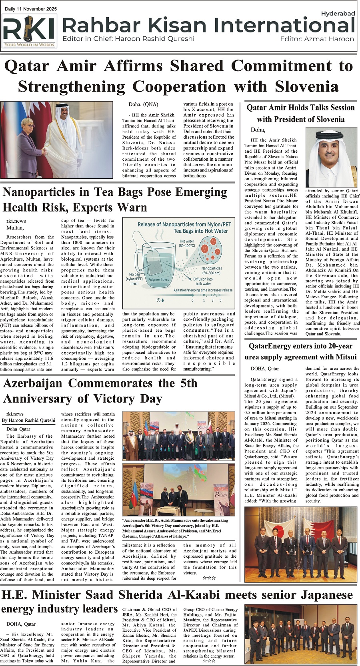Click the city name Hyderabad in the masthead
pos(338,14)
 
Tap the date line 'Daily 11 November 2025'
pos(31,9)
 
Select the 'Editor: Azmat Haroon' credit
pos(317,39)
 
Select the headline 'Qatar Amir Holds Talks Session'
pos(300,108)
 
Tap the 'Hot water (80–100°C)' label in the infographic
pos(187,243)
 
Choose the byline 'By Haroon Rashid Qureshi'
pos(29,420)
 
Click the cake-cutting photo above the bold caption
pos(178,490)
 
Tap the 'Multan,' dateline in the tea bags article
pos(15,228)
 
